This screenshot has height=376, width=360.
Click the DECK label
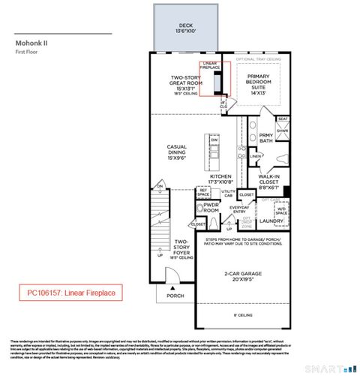pyautogui.click(x=175, y=29)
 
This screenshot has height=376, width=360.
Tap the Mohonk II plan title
pyautogui.click(x=31, y=44)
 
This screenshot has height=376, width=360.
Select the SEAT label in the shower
pyautogui.click(x=283, y=119)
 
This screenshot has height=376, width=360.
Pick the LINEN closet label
pyautogui.click(x=256, y=156)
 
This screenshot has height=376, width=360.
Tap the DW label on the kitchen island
pyautogui.click(x=214, y=140)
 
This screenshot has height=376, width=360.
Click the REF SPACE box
pyautogui.click(x=202, y=194)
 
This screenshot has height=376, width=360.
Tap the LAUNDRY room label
pyautogui.click(x=270, y=221)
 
